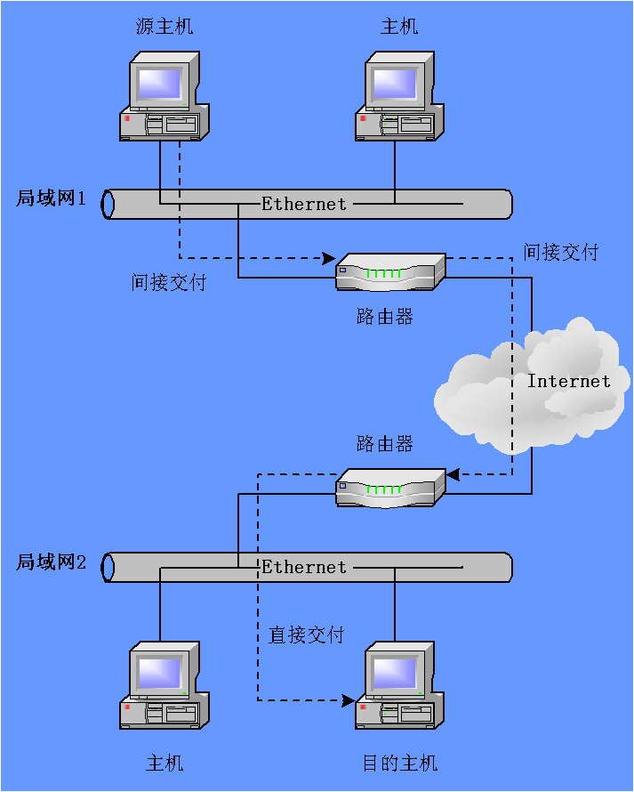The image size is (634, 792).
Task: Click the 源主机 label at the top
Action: tap(165, 27)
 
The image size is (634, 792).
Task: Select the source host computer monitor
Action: tap(160, 83)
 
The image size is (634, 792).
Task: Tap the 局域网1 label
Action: tap(51, 198)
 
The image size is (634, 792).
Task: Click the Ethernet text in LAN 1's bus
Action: tap(303, 204)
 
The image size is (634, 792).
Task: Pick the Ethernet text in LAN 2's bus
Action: tap(303, 567)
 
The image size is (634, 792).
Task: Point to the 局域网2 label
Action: tap(51, 562)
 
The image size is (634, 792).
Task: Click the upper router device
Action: tap(389, 271)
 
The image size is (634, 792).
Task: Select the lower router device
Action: tap(389, 487)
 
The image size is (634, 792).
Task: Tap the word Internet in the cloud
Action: tap(569, 381)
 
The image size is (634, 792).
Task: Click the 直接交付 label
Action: tap(306, 634)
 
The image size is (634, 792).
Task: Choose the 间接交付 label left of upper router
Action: tap(168, 283)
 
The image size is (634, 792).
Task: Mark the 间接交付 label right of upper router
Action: tap(560, 252)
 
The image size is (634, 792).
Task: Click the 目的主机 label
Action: tap(399, 764)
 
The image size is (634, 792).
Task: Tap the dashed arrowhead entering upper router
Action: tap(329, 260)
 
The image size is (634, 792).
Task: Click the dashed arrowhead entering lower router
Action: tap(452, 475)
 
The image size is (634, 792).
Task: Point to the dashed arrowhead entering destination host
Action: tap(348, 700)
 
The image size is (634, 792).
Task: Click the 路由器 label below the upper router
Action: tap(385, 317)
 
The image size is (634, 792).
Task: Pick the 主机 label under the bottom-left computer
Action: tap(165, 764)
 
